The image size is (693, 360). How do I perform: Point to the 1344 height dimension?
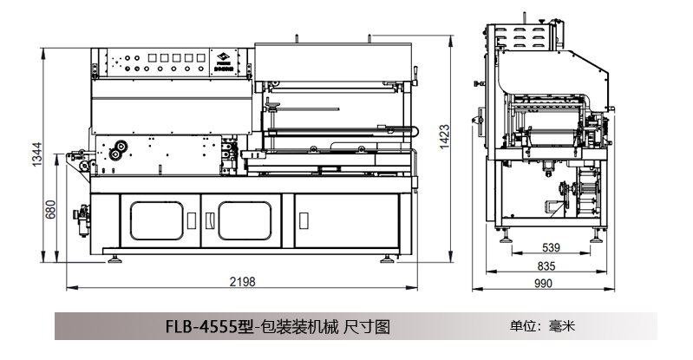coord(36,157)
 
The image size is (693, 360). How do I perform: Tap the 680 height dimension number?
coord(50,209)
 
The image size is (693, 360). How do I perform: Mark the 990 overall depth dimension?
coord(543,283)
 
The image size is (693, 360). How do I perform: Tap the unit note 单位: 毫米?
coord(542,327)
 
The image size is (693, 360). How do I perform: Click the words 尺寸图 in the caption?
coord(366,327)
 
